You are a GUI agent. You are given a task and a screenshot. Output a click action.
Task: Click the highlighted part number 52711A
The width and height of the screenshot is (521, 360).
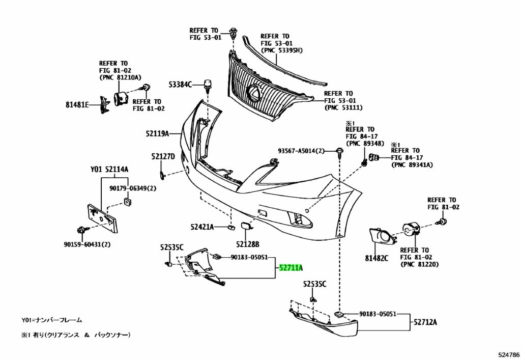291,268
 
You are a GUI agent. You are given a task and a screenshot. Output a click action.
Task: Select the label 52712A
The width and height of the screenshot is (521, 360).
425,322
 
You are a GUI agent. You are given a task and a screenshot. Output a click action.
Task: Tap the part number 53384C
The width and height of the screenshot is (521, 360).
181,85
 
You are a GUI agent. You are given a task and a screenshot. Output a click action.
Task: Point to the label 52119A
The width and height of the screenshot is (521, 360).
157,133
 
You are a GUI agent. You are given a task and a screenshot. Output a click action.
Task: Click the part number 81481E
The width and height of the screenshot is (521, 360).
77,105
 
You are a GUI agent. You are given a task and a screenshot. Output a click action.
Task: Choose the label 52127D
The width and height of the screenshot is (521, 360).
163,156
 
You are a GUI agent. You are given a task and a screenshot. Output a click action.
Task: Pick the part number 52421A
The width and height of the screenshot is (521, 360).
202,227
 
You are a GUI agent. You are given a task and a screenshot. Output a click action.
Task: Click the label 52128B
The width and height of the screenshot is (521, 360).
248,244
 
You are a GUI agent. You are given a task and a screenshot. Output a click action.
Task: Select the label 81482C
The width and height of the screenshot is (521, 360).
377,258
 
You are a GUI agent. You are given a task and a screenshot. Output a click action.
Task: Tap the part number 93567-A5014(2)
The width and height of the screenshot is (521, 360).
301,151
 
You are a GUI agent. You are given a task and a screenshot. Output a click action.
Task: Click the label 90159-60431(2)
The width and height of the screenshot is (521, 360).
87,244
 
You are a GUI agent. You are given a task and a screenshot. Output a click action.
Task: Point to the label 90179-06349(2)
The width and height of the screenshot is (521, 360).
133,188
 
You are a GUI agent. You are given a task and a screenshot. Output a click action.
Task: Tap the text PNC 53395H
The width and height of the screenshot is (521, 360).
282,50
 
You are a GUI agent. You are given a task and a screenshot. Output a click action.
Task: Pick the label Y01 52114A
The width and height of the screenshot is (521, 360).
109,170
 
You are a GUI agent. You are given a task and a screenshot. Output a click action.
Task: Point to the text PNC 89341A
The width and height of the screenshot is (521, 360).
412,165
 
